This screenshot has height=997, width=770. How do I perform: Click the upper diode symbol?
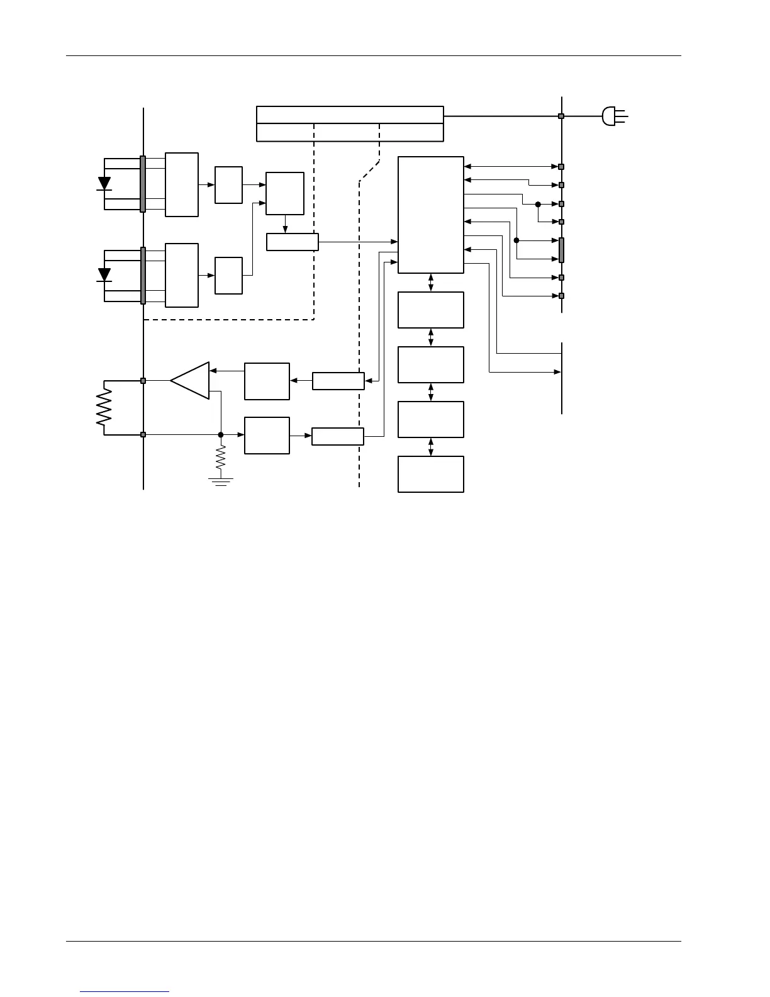tap(104, 184)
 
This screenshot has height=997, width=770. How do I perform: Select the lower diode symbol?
tap(104, 275)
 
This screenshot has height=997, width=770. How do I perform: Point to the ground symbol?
tap(221, 482)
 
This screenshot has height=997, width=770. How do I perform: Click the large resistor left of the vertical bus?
tap(104, 407)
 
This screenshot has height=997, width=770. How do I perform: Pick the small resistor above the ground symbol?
tap(221, 459)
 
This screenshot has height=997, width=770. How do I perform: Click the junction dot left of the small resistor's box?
tap(221, 434)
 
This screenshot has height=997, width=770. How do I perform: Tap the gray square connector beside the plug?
tap(561, 116)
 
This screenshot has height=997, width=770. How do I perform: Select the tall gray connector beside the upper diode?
tap(143, 184)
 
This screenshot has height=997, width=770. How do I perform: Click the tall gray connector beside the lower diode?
tap(143, 275)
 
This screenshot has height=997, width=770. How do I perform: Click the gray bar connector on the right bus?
tap(561, 250)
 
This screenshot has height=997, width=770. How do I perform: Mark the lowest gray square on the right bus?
tap(561, 296)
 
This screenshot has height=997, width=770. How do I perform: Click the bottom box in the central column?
tap(431, 474)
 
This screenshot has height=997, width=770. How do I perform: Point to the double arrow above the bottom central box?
tap(431, 447)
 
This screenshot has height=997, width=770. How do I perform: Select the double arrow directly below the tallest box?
tap(431, 283)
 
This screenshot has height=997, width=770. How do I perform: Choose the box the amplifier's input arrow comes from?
tap(267, 381)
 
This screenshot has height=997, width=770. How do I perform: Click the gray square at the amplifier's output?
tap(143, 381)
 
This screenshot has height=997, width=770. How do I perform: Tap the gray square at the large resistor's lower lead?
tap(143, 434)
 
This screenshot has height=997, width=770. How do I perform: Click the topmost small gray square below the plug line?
tap(561, 167)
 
